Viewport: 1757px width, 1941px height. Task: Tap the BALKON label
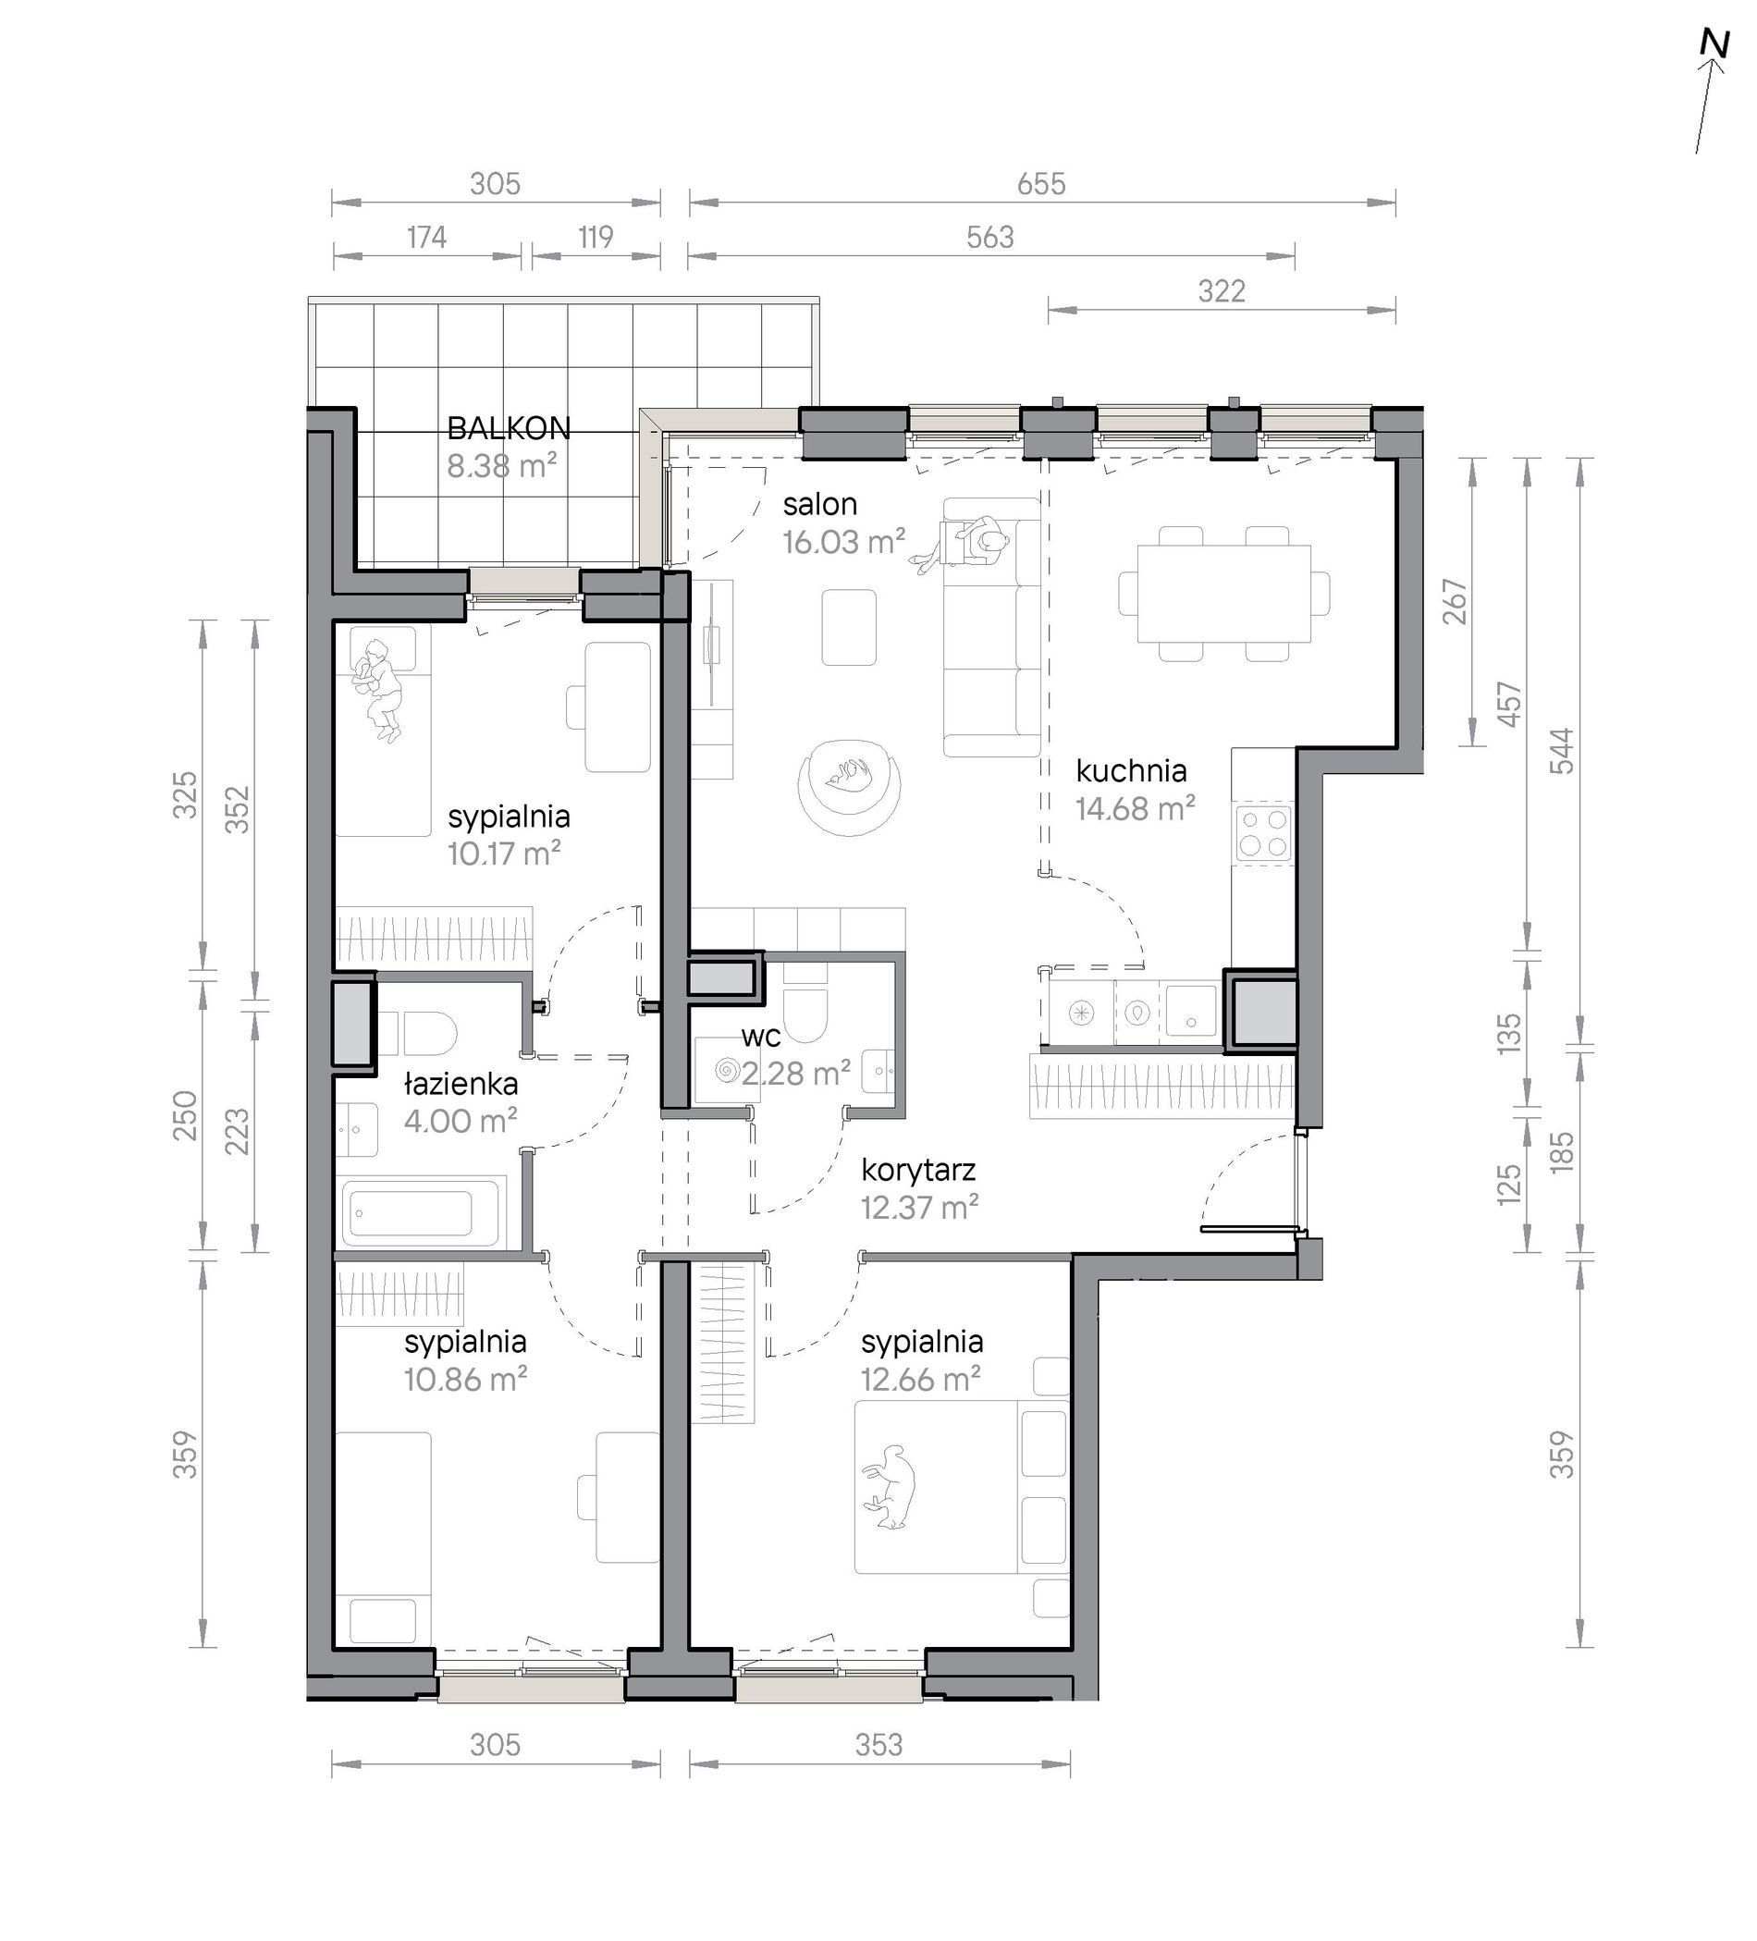click(509, 427)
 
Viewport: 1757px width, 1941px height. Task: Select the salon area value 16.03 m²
click(843, 542)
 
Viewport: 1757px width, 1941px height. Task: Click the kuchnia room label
click(1131, 770)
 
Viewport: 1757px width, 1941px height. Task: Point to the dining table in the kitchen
click(1223, 593)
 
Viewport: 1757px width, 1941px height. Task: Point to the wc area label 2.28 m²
click(795, 1073)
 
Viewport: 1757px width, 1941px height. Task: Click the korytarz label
click(918, 1170)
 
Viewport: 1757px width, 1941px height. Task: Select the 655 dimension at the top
click(1041, 183)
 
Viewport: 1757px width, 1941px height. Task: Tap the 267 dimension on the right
click(1455, 602)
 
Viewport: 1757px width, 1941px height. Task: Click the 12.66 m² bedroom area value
click(921, 1380)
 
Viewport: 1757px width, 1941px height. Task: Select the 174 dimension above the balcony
click(426, 237)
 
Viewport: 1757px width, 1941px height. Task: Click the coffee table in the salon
click(849, 627)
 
